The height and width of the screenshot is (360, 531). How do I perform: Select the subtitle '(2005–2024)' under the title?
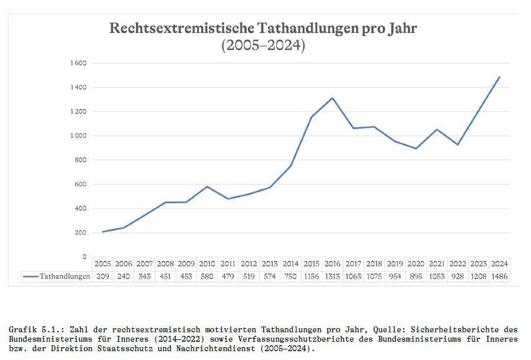(263, 46)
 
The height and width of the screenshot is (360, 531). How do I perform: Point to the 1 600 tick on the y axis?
(79, 63)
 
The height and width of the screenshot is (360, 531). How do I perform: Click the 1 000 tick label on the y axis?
(79, 136)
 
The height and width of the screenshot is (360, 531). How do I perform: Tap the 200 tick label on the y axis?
(81, 233)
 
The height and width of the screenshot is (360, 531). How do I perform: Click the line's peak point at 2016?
(333, 98)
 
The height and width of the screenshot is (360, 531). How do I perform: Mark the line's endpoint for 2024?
(500, 77)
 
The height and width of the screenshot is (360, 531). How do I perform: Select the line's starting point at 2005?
(102, 232)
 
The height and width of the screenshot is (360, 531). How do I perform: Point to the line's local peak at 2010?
(207, 187)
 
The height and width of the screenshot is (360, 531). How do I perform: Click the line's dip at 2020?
(416, 148)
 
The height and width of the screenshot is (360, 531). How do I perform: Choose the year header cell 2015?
(311, 263)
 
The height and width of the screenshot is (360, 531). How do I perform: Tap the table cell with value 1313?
(333, 276)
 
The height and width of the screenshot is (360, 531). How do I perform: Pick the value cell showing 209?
(102, 276)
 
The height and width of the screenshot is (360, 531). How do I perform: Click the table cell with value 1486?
(500, 276)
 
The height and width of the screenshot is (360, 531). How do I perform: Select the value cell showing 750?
(291, 276)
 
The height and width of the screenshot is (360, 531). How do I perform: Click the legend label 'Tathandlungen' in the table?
(65, 276)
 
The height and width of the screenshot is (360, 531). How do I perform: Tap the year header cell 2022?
(458, 263)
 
